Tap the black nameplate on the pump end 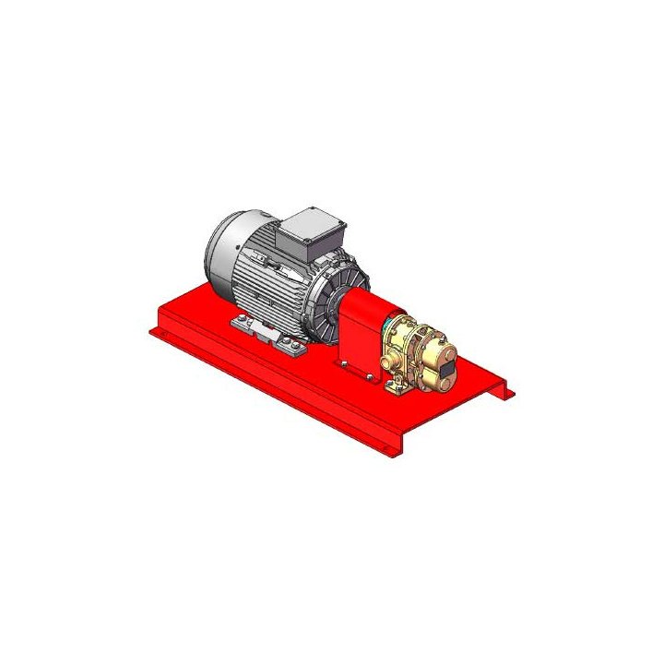pyautogui.click(x=446, y=370)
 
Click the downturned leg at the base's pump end pyautogui.click(x=502, y=392)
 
